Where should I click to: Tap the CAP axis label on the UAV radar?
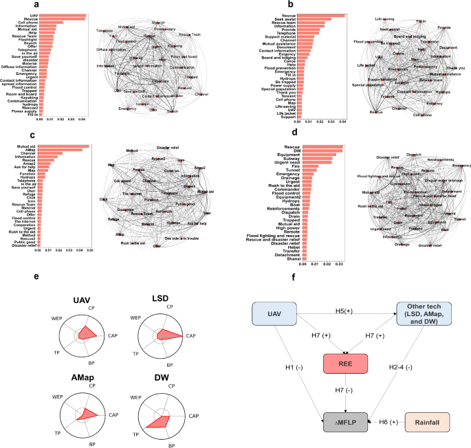pyautogui.click(x=111, y=335)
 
